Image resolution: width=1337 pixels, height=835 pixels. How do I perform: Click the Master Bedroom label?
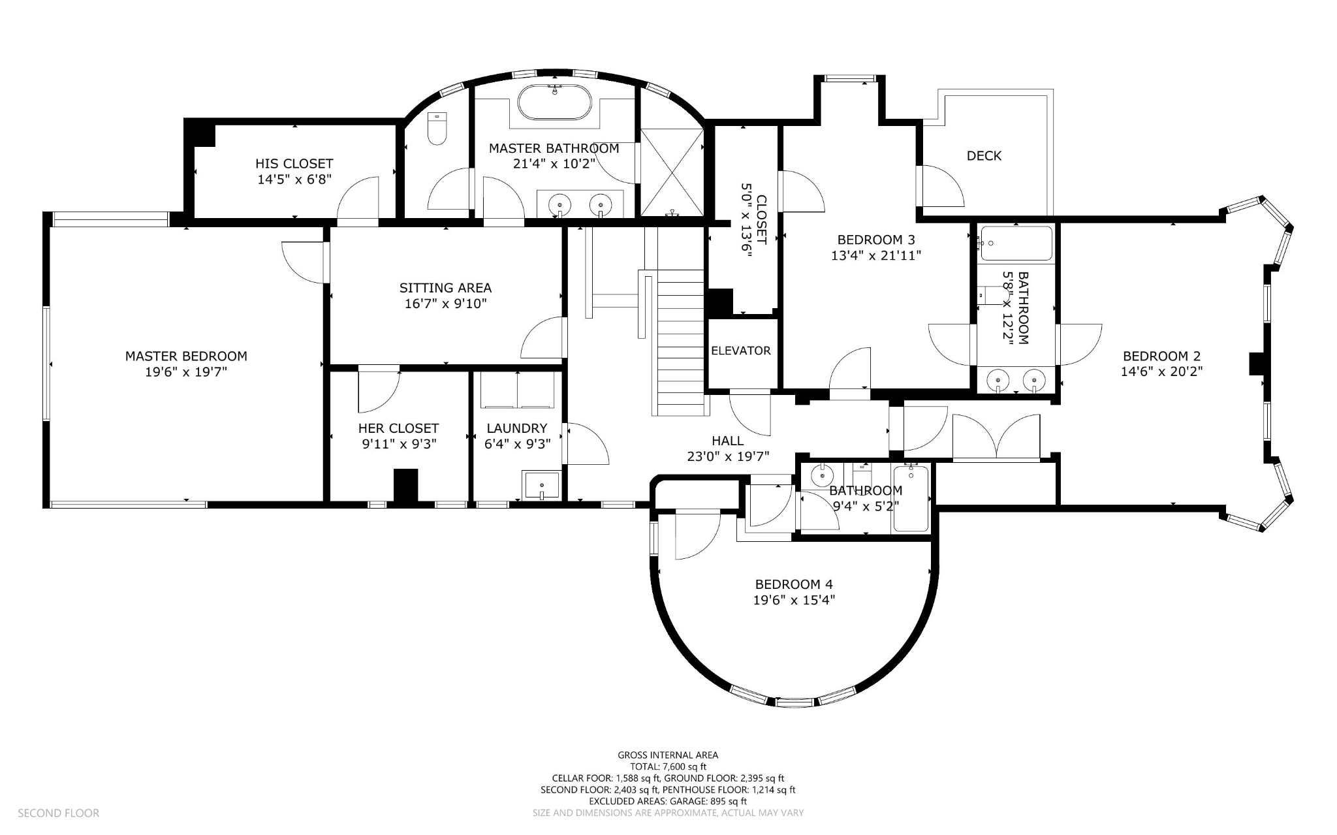tap(186, 356)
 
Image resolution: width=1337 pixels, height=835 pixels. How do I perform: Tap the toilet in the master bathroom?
tap(437, 129)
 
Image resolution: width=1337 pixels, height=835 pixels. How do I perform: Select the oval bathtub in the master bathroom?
tap(555, 102)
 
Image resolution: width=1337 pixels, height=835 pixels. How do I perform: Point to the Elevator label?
tap(741, 351)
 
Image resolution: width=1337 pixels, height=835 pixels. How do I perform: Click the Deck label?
tap(984, 155)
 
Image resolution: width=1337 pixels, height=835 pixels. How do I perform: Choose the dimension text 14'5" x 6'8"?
tap(294, 180)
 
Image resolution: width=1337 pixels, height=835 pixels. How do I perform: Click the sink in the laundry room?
tap(541, 485)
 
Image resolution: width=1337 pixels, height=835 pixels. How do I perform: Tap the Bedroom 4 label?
tap(794, 584)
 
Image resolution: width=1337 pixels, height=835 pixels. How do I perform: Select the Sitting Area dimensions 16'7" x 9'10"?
tap(445, 304)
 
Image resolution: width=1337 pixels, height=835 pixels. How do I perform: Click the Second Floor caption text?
tap(58, 813)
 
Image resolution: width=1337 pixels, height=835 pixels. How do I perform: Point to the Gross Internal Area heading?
tap(668, 755)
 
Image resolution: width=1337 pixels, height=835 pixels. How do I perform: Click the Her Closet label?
tap(398, 428)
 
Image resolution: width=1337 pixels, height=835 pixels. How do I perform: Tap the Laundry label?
tap(517, 428)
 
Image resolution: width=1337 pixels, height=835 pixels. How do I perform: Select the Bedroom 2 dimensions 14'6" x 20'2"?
tap(1161, 371)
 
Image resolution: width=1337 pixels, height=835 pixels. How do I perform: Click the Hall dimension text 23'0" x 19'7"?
tap(728, 456)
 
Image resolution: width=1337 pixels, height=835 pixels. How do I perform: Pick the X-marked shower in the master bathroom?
tap(672, 172)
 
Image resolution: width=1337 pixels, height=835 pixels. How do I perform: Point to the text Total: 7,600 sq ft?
tap(668, 767)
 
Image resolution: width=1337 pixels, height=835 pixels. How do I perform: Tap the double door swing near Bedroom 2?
tap(996, 437)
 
